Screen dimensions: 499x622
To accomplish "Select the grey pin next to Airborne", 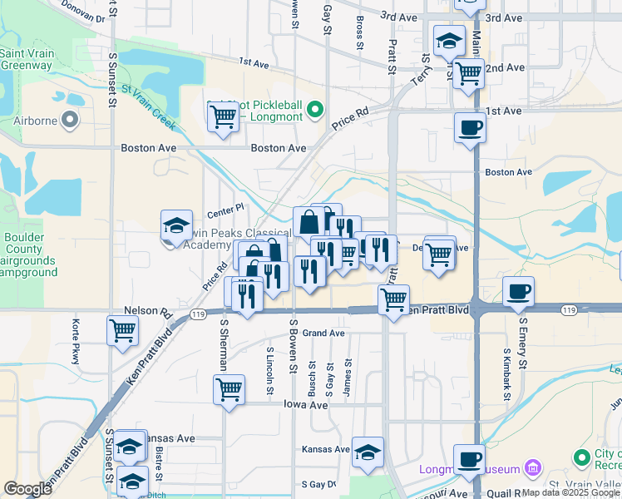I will point(70,121).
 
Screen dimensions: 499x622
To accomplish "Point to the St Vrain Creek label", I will point(148,107).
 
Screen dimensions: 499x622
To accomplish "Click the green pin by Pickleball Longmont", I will point(314,109).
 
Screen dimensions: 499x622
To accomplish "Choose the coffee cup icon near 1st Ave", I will point(471,127).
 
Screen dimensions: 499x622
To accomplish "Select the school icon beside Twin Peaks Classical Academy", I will point(176,225).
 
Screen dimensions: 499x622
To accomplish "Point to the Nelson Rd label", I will point(141,310).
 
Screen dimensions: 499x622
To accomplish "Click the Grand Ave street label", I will point(323,333).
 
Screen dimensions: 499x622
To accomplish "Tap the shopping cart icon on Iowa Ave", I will point(229,388).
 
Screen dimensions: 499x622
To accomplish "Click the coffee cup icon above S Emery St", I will point(519,291).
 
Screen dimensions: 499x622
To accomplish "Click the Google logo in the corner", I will point(27,489).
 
